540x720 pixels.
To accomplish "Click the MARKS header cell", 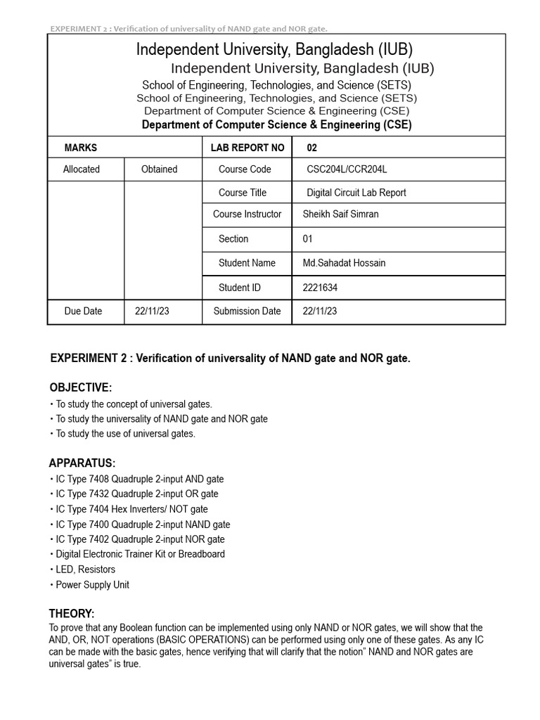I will (x=81, y=148).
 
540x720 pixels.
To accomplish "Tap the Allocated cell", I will (x=82, y=169).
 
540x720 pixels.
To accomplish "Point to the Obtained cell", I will (x=159, y=169).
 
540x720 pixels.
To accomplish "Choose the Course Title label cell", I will (x=243, y=193).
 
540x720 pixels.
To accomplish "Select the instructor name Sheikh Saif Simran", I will (x=340, y=214).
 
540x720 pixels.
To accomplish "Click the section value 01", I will (x=307, y=239).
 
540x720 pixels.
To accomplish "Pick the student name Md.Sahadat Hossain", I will (x=344, y=263).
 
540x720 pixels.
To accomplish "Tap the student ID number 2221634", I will (x=321, y=288).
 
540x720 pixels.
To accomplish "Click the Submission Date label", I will (x=247, y=311).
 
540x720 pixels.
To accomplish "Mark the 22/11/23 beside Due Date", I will (x=152, y=311).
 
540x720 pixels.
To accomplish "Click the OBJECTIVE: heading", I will (x=80, y=388).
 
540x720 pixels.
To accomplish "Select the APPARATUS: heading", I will (x=82, y=463).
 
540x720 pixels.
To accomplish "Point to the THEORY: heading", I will (x=71, y=614).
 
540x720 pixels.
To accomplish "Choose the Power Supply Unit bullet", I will (x=92, y=585).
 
